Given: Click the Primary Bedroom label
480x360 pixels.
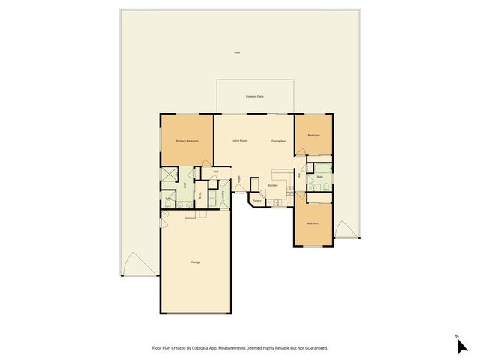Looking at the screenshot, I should coord(187,141).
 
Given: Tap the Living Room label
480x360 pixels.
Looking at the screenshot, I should coord(240,141).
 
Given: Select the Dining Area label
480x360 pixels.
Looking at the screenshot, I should coord(279,141).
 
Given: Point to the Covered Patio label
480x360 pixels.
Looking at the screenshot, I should coord(255,97).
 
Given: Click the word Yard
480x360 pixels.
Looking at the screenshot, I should coord(236,52).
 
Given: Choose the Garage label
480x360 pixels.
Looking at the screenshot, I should coord(196,262).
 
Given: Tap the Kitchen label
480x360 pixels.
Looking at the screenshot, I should coord(273,185).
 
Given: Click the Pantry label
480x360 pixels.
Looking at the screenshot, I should coord(256,201).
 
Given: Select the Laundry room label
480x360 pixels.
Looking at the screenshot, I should coord(223,196).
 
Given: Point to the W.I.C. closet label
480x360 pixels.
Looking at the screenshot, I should coord(200,196).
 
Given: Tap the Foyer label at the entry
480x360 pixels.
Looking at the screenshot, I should coord(239,180).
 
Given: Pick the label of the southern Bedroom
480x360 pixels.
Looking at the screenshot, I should coord(313,224).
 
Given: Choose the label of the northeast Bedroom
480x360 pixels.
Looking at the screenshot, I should coord(313,135).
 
